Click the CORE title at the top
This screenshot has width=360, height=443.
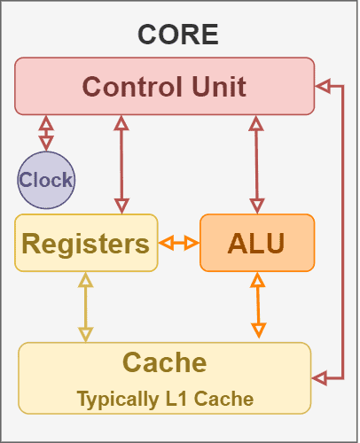(177, 35)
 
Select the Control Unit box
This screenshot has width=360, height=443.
(164, 86)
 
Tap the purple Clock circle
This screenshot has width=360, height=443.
(46, 181)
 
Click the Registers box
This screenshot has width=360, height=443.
(86, 243)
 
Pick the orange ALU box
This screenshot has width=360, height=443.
(257, 243)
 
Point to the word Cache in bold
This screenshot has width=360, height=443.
(164, 362)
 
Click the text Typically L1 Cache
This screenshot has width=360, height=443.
(165, 400)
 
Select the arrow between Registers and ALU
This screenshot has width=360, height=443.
(178, 243)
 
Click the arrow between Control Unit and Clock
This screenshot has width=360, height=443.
(46, 132)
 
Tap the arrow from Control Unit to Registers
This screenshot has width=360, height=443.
(121, 164)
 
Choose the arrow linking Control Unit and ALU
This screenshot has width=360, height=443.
(257, 164)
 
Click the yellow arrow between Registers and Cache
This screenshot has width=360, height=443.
(85, 307)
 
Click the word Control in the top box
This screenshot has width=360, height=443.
(127, 86)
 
